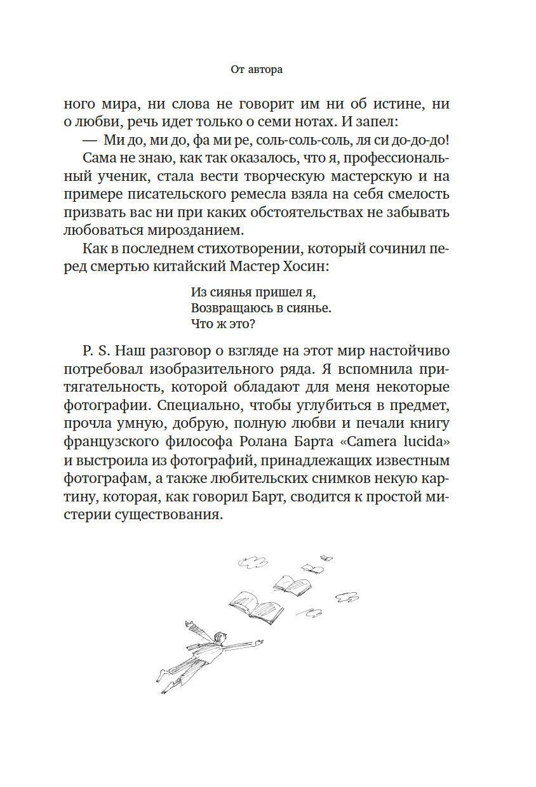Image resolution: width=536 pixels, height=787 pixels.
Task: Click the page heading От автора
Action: pyautogui.click(x=257, y=70)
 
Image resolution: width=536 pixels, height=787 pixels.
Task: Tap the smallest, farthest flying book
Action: pyautogui.click(x=327, y=559)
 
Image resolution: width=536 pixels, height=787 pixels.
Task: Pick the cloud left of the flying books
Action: pyautogui.click(x=251, y=561)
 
